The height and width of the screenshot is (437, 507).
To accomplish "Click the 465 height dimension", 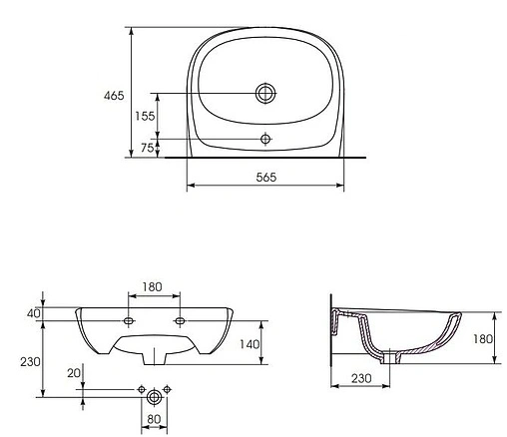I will [x=114, y=96].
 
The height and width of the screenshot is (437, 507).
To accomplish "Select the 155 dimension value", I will [x=146, y=116].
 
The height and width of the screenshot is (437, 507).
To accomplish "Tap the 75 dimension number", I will [x=146, y=148].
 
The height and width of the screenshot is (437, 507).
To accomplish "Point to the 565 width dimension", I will [x=265, y=177].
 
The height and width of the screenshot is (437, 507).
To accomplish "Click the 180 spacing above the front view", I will [x=152, y=287].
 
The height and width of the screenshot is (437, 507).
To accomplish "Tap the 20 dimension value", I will [x=72, y=373].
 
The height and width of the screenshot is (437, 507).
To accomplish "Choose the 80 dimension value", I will [x=153, y=419].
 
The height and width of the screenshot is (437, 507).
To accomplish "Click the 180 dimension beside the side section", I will [x=483, y=339].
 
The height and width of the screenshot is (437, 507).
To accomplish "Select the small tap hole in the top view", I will [x=265, y=138].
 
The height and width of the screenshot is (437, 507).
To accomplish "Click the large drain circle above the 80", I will [x=154, y=397].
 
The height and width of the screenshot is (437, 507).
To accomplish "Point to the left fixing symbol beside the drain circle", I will [x=141, y=387].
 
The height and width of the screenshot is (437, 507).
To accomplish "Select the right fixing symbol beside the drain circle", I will [x=167, y=387].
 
